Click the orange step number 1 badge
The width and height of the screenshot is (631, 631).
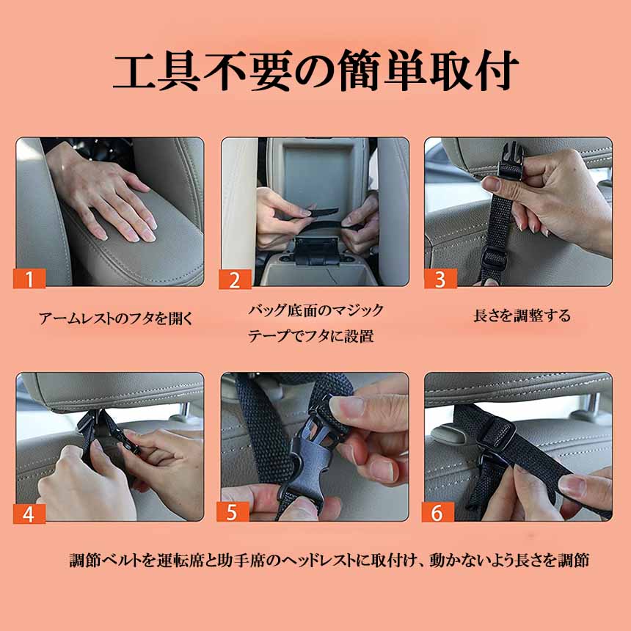29,279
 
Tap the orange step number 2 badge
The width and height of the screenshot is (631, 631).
235,280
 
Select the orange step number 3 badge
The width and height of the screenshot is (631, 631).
441,279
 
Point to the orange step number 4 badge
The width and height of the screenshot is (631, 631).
29,514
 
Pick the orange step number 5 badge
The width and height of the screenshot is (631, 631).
233,511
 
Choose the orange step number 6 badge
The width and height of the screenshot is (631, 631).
438,512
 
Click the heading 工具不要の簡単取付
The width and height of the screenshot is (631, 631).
315,71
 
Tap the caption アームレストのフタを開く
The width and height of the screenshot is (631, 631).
117,318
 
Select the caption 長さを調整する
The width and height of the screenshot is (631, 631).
522,315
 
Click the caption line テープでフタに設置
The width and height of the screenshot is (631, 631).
310,335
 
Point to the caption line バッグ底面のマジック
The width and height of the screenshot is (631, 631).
315,310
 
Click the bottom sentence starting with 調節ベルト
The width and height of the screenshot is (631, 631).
329,560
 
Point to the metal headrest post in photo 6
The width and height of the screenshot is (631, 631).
592,407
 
